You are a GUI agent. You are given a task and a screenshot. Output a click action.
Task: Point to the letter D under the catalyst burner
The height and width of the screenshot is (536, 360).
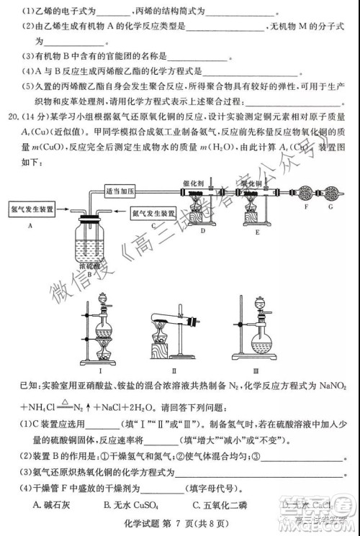click(204, 231)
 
